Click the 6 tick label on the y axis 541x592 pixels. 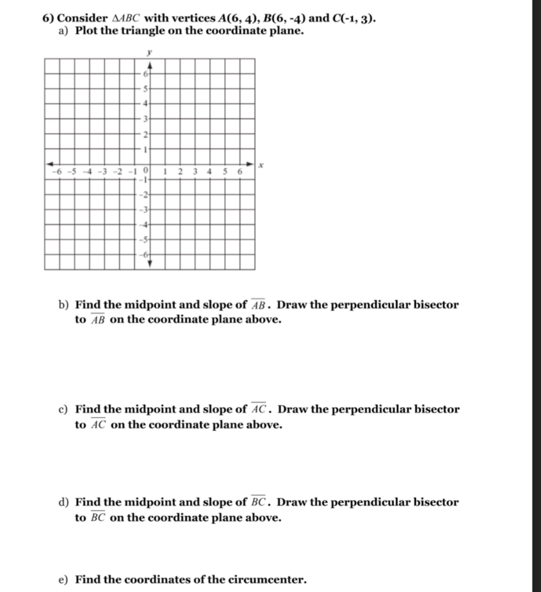145,74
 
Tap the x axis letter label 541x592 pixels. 261,164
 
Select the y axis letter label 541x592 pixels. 149,53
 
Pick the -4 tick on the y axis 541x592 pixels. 145,225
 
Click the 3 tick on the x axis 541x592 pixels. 195,171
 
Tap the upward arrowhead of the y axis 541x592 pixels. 150,65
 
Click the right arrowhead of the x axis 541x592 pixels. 250,164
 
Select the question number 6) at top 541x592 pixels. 48,19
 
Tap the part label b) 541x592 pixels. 64,305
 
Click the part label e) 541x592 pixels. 63,580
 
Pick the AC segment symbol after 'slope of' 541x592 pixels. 259,409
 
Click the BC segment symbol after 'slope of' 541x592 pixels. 258,502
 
